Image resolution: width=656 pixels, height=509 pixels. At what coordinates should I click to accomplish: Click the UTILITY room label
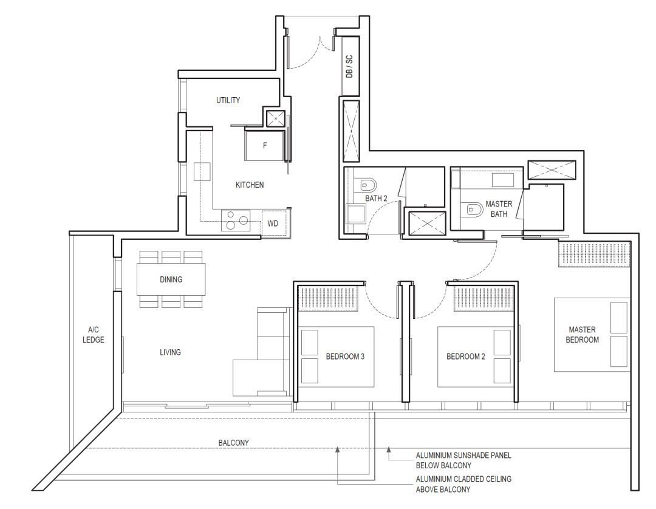228,100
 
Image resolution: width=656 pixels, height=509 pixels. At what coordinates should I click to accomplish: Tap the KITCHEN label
250,185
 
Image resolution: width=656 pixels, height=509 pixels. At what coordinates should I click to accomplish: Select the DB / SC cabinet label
350,66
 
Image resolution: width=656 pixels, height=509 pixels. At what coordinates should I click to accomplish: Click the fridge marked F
265,146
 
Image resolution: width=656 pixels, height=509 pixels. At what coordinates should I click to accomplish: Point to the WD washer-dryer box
273,224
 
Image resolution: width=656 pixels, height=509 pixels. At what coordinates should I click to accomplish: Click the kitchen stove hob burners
236,220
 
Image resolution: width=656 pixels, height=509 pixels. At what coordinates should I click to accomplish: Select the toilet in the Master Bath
472,208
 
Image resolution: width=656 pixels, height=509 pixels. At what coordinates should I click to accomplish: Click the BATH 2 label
376,198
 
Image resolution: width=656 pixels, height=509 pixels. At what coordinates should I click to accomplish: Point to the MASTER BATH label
499,209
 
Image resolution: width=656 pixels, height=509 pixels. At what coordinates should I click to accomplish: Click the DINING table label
171,279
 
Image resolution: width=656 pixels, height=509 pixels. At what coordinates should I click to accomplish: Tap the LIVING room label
170,352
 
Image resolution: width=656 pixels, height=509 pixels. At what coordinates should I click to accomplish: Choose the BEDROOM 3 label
345,357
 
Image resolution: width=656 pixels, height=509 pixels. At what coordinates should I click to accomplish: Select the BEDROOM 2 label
466,357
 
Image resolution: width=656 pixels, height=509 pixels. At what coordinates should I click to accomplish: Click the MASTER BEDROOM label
583,335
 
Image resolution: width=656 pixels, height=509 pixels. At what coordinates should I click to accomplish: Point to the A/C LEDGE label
94,335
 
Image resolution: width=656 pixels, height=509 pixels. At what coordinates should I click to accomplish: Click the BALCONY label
233,443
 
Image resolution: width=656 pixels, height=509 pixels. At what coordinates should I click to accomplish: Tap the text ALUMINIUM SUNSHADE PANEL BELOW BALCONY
463,460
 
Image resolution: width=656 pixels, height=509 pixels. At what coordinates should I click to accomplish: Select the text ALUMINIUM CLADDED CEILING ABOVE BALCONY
463,484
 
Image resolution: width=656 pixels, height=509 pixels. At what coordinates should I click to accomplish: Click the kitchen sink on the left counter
202,171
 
